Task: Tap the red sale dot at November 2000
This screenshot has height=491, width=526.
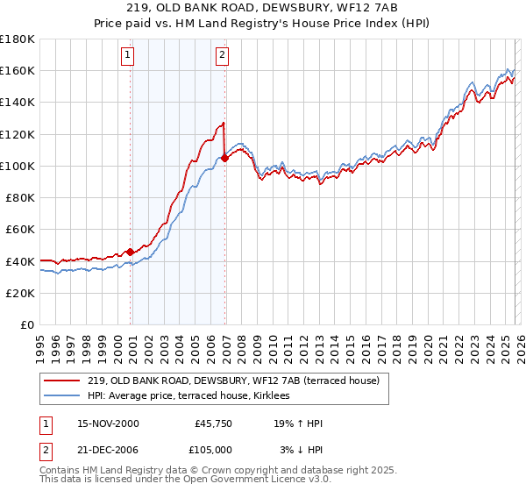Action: coord(131,252)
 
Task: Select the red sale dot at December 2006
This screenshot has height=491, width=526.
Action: coord(225,158)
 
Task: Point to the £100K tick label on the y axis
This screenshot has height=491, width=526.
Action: coord(18,166)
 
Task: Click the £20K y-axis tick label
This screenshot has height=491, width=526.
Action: coord(20,293)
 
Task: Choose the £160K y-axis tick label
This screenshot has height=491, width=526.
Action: coord(18,70)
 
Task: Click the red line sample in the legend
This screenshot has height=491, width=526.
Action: coord(62,381)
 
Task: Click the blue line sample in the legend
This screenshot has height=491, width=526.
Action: coord(62,396)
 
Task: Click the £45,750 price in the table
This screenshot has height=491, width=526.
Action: coord(210,423)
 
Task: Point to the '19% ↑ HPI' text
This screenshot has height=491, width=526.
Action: coord(298,423)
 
